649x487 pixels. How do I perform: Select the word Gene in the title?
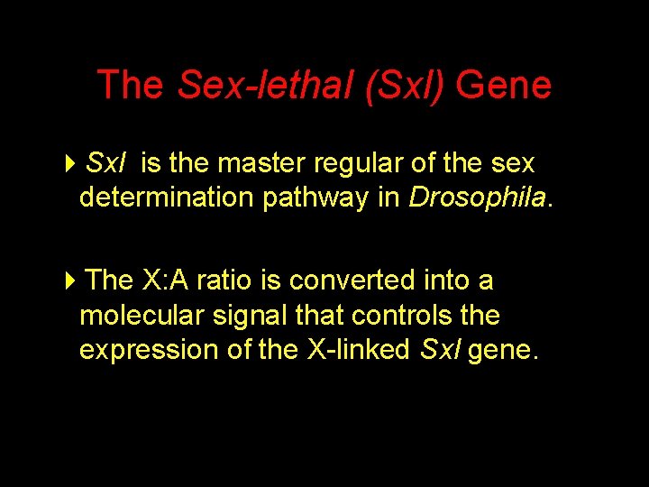point(504,86)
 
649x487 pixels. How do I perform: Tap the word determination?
point(167,198)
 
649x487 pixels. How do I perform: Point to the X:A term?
point(165,280)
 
